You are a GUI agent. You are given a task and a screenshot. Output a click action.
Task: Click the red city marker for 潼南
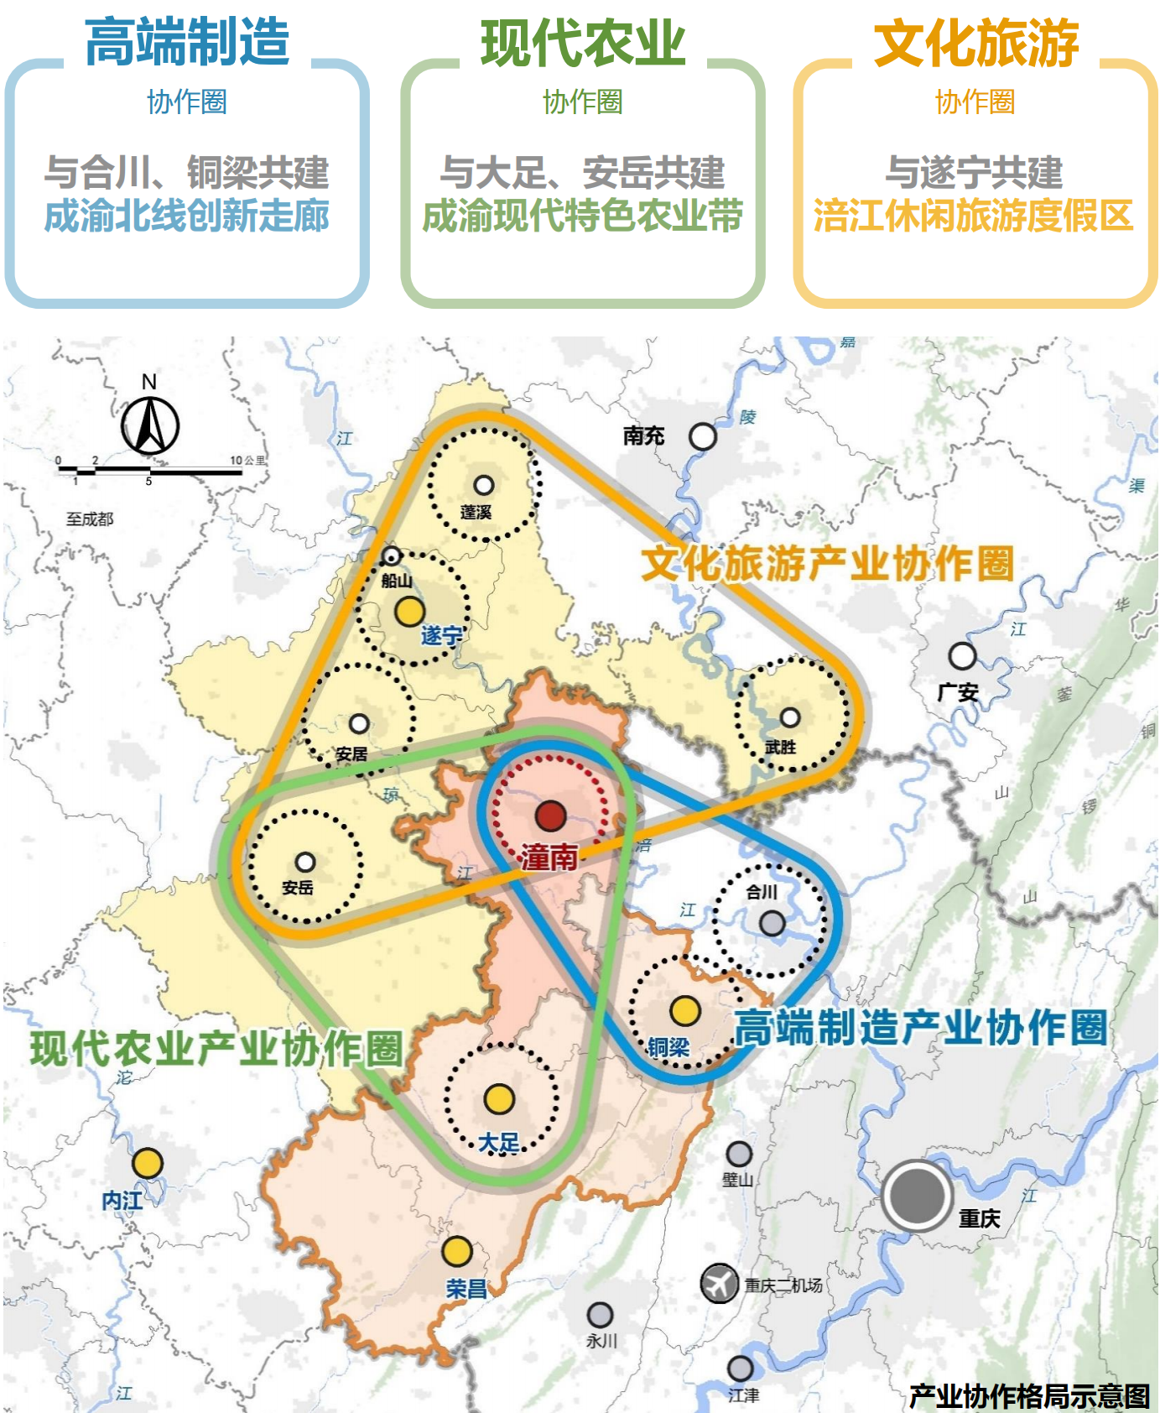[551, 815]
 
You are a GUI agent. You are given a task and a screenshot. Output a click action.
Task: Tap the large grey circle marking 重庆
[917, 1195]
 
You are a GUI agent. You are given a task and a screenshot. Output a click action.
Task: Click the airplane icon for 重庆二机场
[719, 1283]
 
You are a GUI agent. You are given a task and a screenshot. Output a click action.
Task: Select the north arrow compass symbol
[150, 425]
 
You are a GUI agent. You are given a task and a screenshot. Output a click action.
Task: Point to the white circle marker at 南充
[702, 436]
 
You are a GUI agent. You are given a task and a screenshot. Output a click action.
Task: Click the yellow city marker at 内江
[148, 1163]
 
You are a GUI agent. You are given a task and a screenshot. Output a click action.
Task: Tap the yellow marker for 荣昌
[457, 1251]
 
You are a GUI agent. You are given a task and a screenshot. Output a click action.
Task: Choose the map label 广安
[958, 692]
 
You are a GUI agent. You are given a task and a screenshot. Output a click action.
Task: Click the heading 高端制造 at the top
[187, 42]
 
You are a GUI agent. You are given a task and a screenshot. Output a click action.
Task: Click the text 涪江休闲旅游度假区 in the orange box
[974, 216]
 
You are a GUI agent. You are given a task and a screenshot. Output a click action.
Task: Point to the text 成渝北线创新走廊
[187, 216]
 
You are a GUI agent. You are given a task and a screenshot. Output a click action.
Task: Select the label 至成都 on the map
[90, 519]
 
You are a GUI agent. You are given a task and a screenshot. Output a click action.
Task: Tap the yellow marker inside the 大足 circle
[499, 1098]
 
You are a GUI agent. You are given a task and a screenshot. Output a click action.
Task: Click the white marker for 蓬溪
[484, 485]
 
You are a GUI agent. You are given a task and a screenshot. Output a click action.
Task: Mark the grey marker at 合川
[772, 924]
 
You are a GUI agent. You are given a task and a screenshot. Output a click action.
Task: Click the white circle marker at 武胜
[790, 717]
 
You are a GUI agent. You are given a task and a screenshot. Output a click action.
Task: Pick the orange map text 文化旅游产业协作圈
[827, 563]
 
